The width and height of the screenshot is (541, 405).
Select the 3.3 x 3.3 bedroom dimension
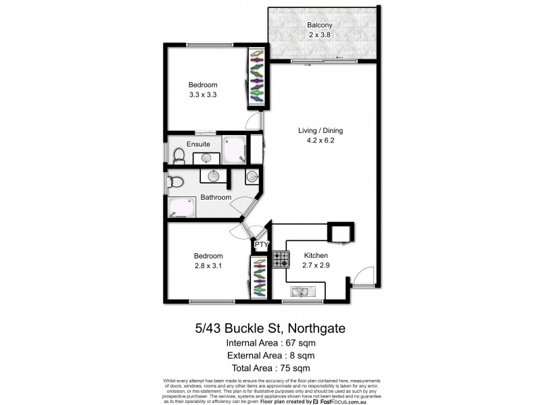202,94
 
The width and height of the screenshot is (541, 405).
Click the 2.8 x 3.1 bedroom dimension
208,267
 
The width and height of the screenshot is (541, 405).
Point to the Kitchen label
316,256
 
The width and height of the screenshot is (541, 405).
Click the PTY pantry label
262,245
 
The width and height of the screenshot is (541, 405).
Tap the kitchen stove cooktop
281,259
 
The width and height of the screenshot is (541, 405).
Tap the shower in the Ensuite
235,151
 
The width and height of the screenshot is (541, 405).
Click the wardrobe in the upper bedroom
257,77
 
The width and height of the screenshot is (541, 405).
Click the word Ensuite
199,144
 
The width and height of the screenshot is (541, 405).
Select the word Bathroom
216,198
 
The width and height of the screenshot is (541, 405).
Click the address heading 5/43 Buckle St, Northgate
270,329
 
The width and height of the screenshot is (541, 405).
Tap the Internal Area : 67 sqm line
270,344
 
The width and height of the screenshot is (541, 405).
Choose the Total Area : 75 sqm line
270,368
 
